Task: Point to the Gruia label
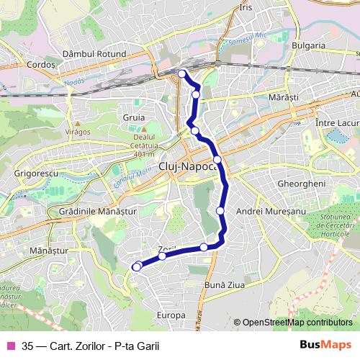coord(134,117)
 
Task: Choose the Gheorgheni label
coord(302,184)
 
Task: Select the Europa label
coord(171,315)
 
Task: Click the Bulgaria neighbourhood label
coord(309,45)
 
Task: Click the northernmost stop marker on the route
coord(181,73)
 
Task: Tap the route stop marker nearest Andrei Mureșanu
coord(220,210)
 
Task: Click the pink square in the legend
coord(11,344)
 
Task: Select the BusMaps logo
coord(325,344)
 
